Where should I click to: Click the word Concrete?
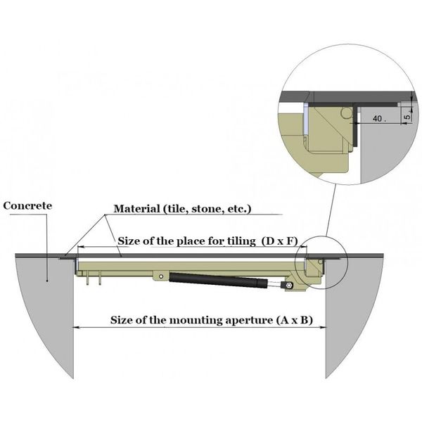[27, 206]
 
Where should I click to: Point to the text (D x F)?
[284, 241]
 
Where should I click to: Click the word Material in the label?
[136, 209]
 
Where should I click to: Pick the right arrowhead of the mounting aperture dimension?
[322, 327]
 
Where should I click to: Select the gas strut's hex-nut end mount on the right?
[288, 286]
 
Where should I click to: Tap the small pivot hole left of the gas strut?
[161, 276]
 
